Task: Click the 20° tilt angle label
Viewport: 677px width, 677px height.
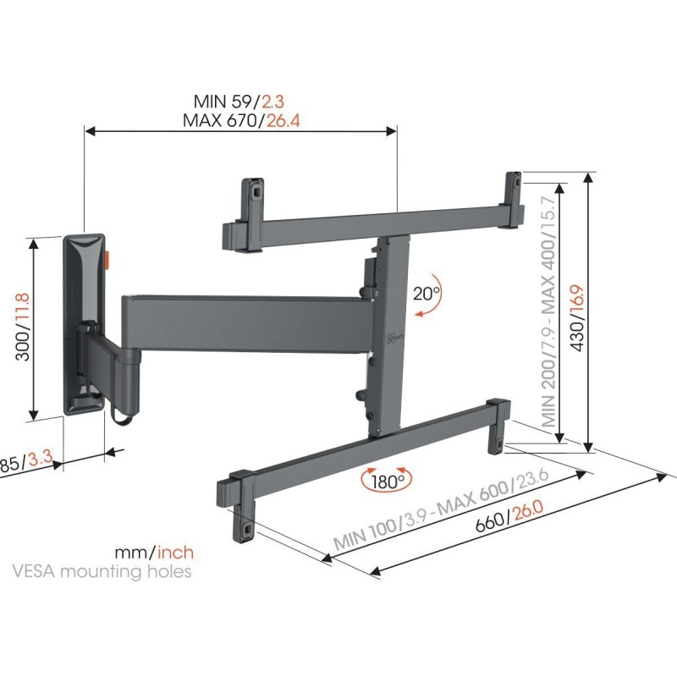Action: click(427, 294)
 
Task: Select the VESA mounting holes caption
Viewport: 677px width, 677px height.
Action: click(102, 571)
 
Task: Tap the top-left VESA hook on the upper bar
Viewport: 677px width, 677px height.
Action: click(251, 191)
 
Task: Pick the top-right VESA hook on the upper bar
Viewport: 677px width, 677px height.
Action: click(514, 187)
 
